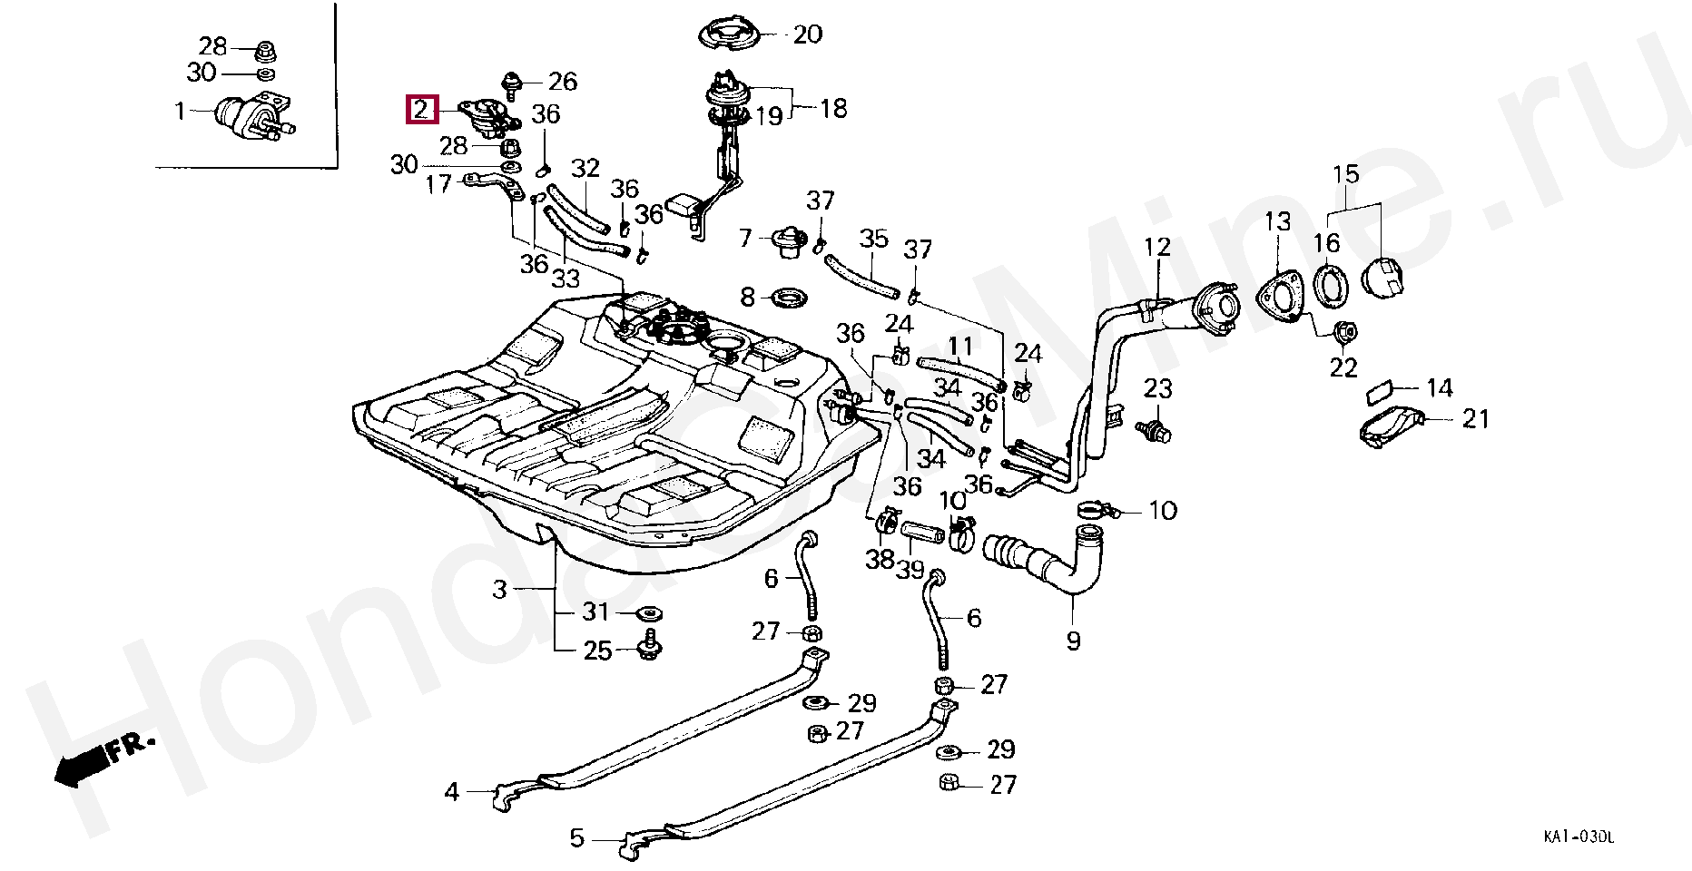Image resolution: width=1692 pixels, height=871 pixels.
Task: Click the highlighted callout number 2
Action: tap(421, 110)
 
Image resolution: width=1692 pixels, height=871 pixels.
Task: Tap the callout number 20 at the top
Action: tap(807, 35)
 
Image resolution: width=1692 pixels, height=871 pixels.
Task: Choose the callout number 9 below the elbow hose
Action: tap(1074, 641)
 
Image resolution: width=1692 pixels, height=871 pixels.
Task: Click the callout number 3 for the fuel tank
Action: tap(499, 591)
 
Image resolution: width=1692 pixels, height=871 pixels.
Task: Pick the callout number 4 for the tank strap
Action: tap(452, 792)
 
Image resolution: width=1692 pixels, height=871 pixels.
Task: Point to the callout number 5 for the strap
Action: tap(577, 837)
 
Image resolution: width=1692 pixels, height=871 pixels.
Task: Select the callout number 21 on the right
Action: tap(1476, 419)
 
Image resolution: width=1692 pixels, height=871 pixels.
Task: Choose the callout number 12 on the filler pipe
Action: tap(1157, 247)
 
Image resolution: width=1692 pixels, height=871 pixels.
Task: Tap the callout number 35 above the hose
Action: tap(873, 240)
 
